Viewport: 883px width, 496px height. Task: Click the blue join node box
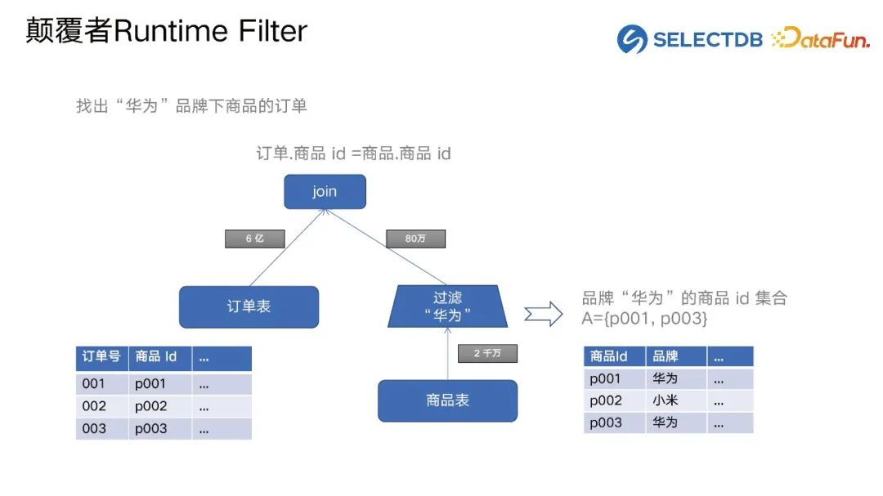tap(325, 192)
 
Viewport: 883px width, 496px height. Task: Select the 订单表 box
tap(249, 307)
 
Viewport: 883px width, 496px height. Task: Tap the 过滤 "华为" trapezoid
tap(447, 306)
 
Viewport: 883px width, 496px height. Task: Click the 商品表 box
tap(447, 400)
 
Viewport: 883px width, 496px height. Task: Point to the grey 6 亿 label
tap(255, 239)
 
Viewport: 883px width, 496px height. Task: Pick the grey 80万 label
tap(415, 239)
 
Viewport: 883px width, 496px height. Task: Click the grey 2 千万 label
tap(487, 354)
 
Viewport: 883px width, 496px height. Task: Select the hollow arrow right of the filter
tap(543, 313)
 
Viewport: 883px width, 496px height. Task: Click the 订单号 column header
tap(101, 357)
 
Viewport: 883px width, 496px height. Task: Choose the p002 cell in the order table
tap(151, 406)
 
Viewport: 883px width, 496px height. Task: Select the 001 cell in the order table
tap(94, 383)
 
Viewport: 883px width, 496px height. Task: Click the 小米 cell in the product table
tap(666, 400)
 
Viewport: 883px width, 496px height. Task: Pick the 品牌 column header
tap(666, 356)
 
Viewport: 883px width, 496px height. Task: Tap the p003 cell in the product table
tap(606, 422)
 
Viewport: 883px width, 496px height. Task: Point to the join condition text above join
tap(353, 154)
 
